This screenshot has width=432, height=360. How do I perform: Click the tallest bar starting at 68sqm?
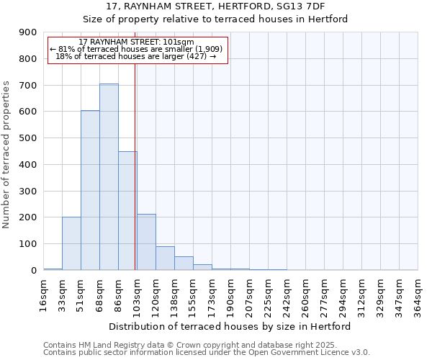pos(109,177)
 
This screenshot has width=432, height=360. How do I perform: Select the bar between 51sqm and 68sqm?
pos(90,190)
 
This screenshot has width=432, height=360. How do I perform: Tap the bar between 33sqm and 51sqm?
pos(71,243)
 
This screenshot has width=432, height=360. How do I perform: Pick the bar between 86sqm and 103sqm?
pos(127,210)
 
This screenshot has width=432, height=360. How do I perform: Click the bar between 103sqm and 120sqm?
pos(146,242)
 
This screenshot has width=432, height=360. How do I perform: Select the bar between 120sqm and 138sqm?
pos(165,258)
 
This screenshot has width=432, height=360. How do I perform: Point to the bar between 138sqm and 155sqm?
pos(184,263)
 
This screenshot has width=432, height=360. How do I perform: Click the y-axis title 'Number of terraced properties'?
pos(7,155)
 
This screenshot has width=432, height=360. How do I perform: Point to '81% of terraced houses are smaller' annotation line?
pos(137,49)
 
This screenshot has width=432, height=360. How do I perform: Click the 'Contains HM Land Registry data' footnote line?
pos(205,345)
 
